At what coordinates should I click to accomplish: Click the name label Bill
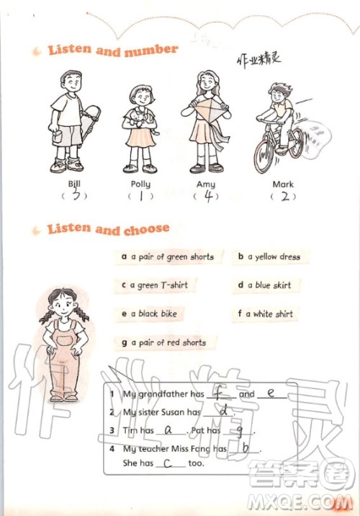click(74, 183)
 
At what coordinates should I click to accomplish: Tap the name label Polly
click(140, 184)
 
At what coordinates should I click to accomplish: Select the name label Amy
click(206, 184)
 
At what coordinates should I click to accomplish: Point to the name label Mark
click(283, 184)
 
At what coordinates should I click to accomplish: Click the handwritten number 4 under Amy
click(208, 196)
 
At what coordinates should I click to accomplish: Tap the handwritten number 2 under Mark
click(285, 197)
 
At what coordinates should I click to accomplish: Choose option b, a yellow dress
click(269, 257)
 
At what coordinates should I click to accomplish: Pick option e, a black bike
click(149, 313)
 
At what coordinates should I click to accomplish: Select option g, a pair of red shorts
click(164, 342)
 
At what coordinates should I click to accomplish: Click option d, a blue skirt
click(265, 285)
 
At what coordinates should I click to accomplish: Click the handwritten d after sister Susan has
click(224, 410)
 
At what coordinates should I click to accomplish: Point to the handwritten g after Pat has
click(240, 431)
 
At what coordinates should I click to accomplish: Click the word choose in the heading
click(147, 229)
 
